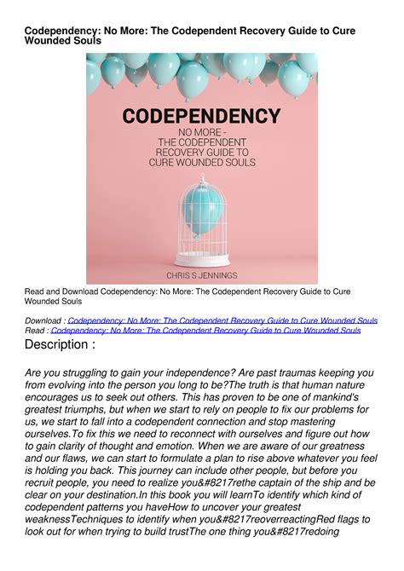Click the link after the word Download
point(222,320)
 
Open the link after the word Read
point(205,330)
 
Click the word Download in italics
point(43,320)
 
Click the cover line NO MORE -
point(201,132)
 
